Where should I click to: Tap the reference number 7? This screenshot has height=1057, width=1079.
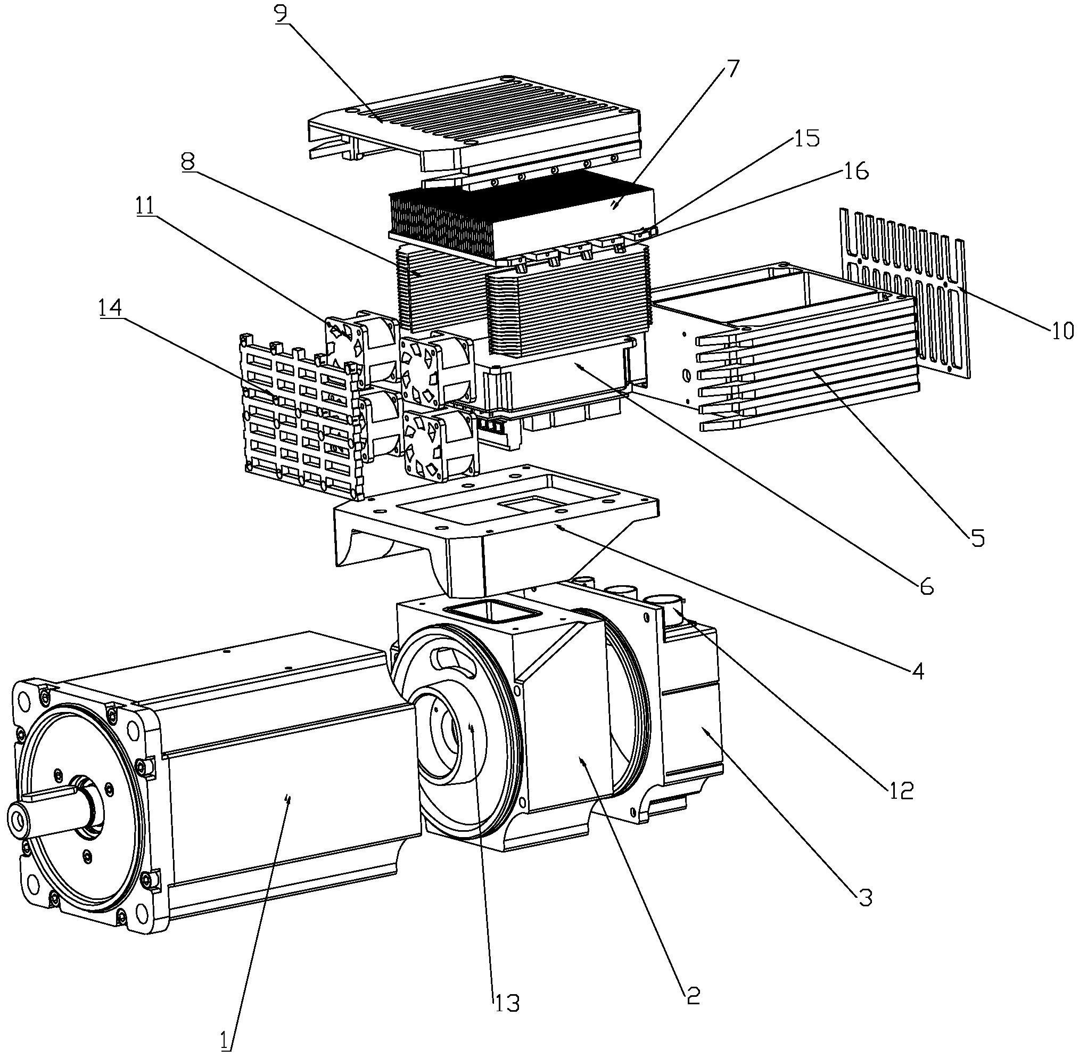(731, 70)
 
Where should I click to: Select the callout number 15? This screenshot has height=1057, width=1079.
(806, 139)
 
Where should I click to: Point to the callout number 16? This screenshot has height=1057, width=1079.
(855, 173)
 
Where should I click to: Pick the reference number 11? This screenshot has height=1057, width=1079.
(145, 206)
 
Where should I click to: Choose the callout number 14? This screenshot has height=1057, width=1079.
(110, 308)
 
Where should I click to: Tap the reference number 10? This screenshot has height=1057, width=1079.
(1062, 331)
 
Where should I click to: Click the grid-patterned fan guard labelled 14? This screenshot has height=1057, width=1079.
(300, 416)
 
